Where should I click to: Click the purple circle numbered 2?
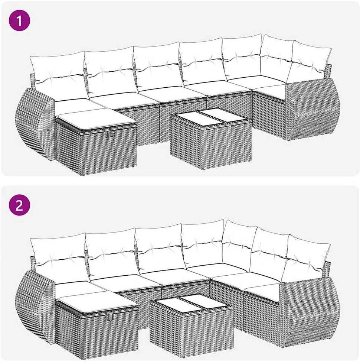[19, 205]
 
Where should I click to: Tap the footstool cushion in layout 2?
[97, 301]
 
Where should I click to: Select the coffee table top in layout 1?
[210, 118]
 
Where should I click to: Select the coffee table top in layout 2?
[191, 303]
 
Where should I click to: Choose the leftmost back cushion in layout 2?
[59, 255]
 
